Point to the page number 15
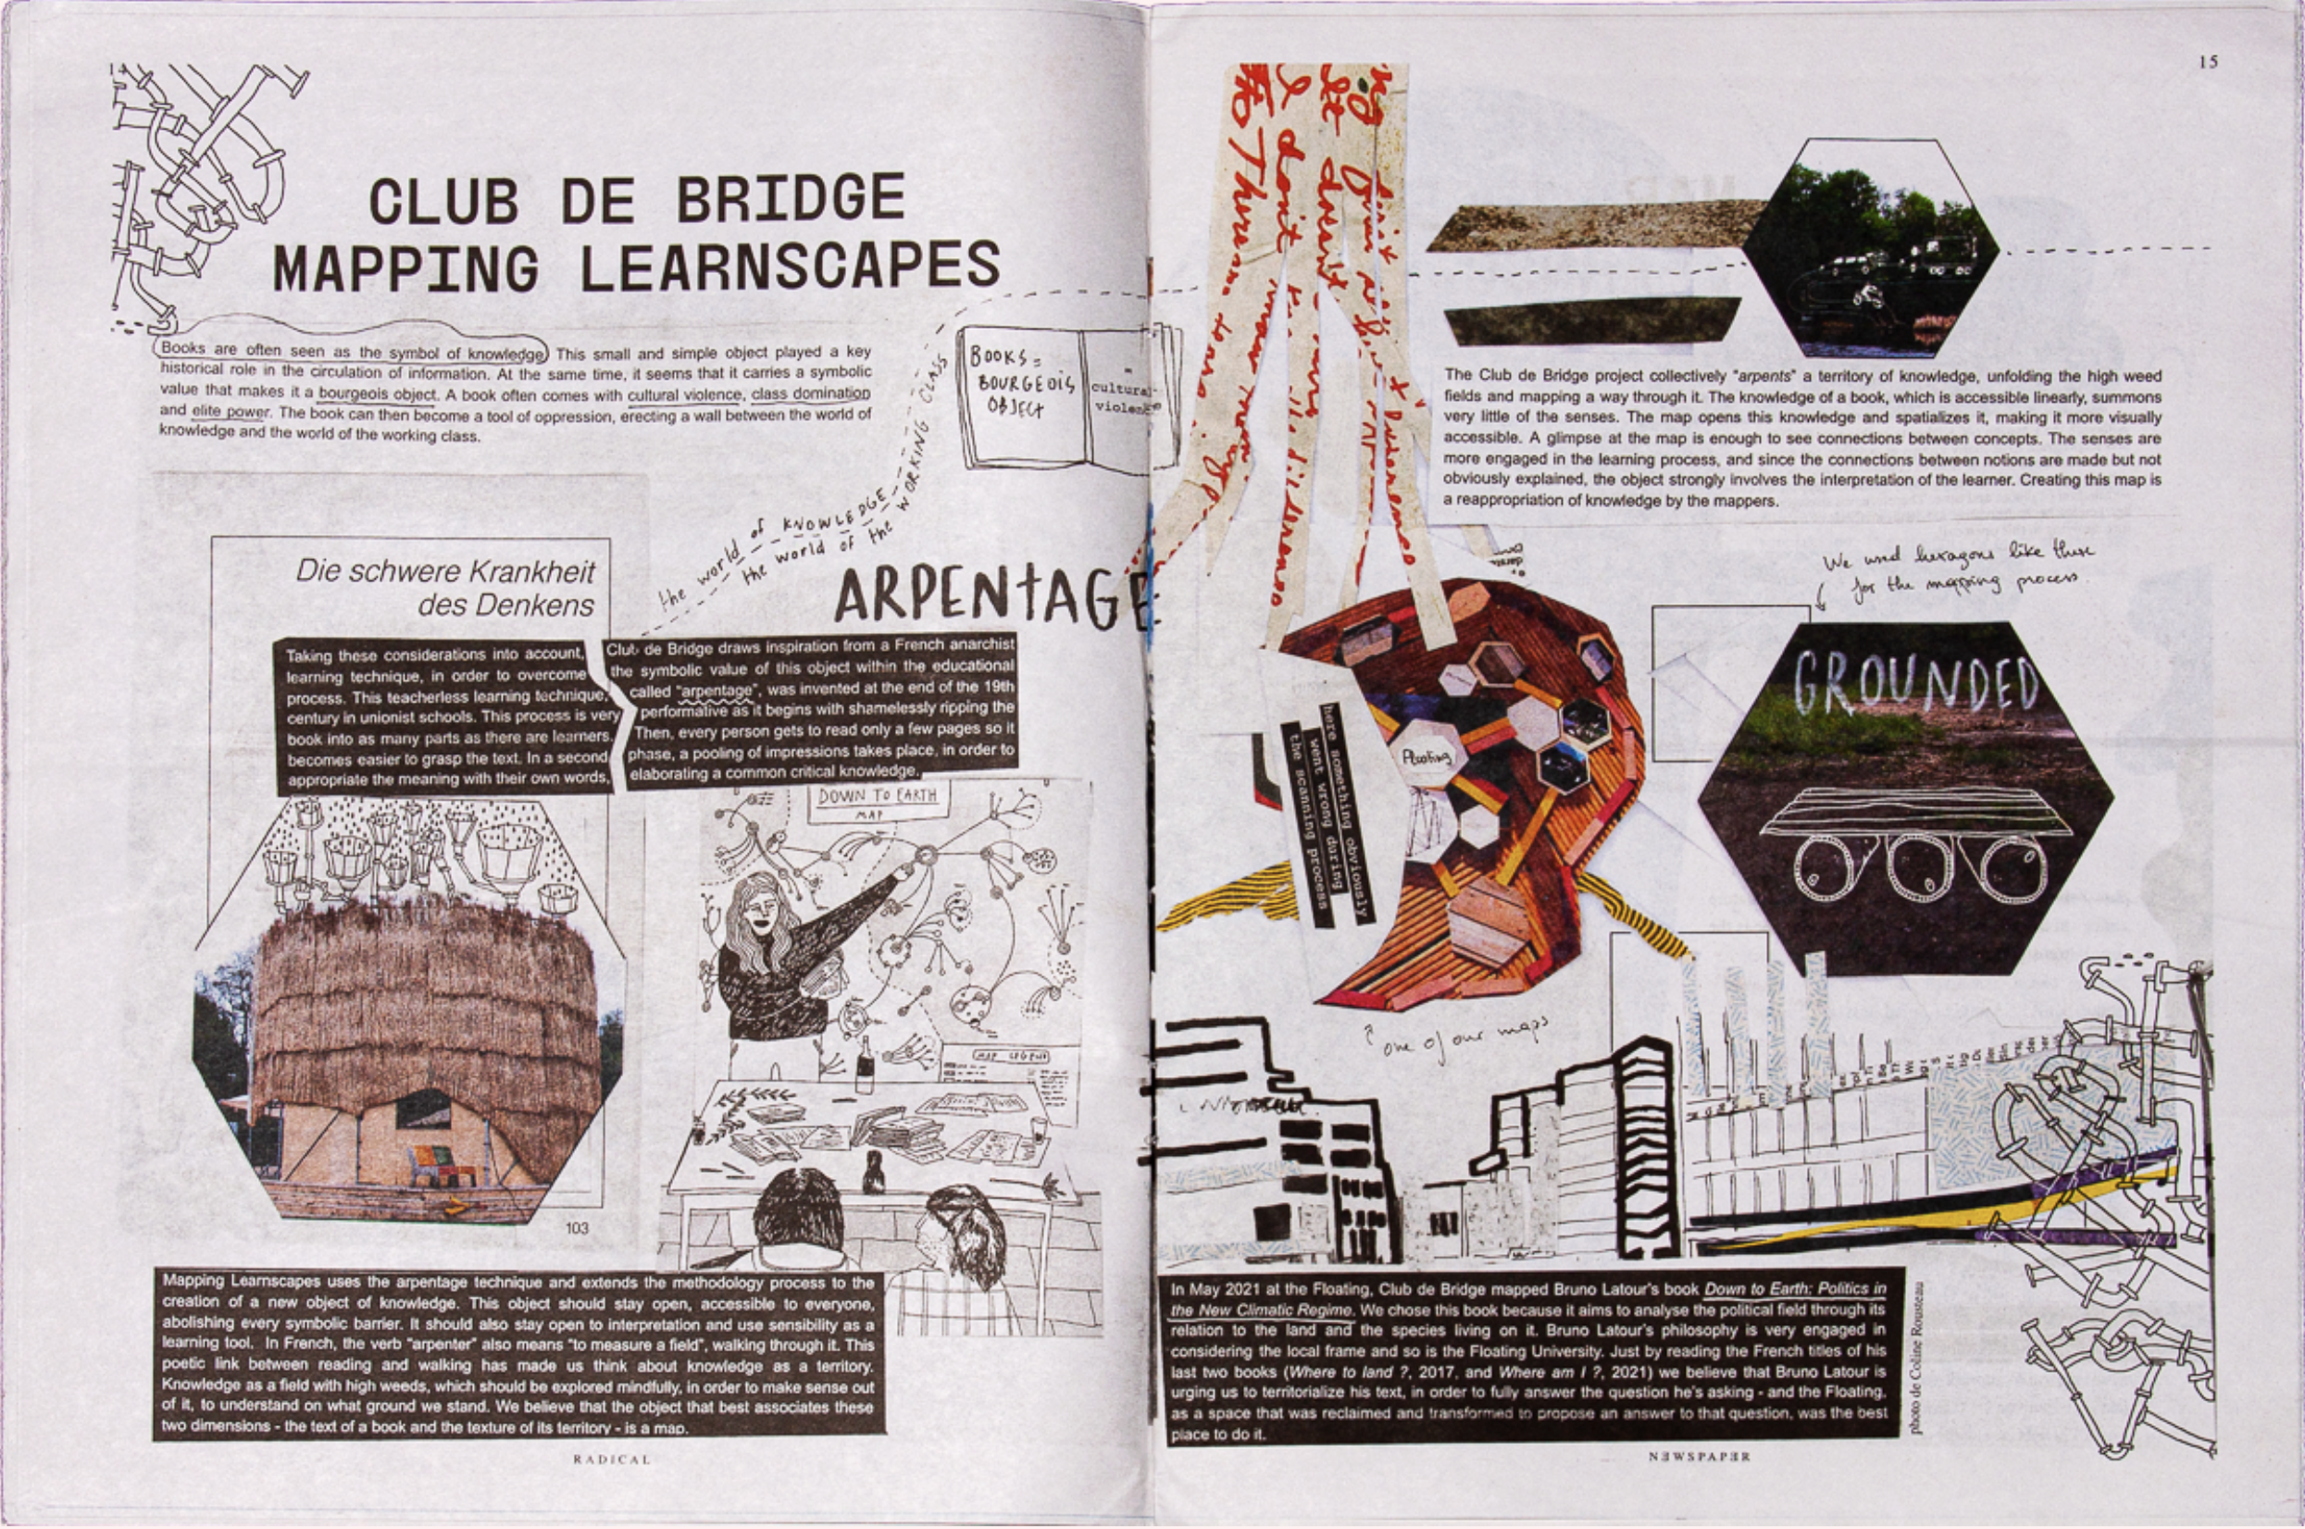(x=2208, y=62)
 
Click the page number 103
(x=578, y=1227)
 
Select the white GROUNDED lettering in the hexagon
(x=1915, y=680)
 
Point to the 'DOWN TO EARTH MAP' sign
(x=877, y=802)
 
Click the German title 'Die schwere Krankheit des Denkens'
(x=446, y=587)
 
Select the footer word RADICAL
(x=610, y=1460)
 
